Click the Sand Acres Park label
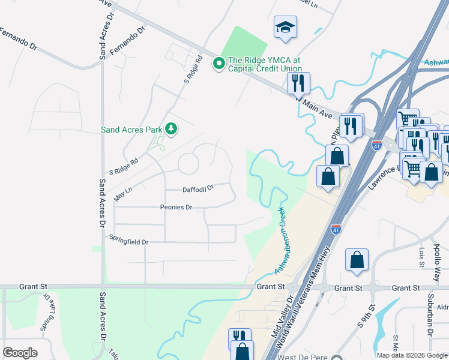[x=132, y=129]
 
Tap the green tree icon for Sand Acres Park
[x=172, y=128]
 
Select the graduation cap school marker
[x=285, y=28]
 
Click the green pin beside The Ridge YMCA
[x=219, y=62]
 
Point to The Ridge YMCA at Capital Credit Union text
[x=263, y=64]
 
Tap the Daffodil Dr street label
[x=198, y=189]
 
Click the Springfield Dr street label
[x=128, y=241]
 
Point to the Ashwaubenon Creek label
[x=280, y=241]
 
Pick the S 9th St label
[x=366, y=317]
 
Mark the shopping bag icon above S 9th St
[x=357, y=260]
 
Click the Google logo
[x=20, y=353]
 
